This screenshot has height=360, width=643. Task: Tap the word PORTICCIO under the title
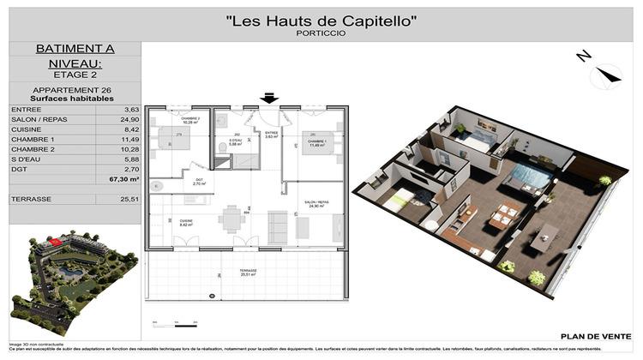(321, 34)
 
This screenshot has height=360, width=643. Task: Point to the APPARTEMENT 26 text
(73, 89)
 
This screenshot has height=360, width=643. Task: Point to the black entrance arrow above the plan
(269, 99)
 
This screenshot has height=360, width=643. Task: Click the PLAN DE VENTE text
(591, 337)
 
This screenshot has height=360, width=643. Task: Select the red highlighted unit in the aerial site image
(57, 242)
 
